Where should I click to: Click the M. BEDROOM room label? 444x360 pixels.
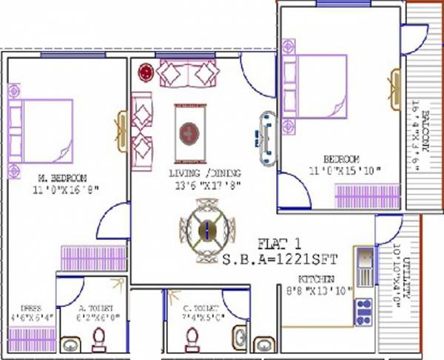63,178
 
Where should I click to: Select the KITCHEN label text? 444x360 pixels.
317,279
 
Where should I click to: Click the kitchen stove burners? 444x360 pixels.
364,311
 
